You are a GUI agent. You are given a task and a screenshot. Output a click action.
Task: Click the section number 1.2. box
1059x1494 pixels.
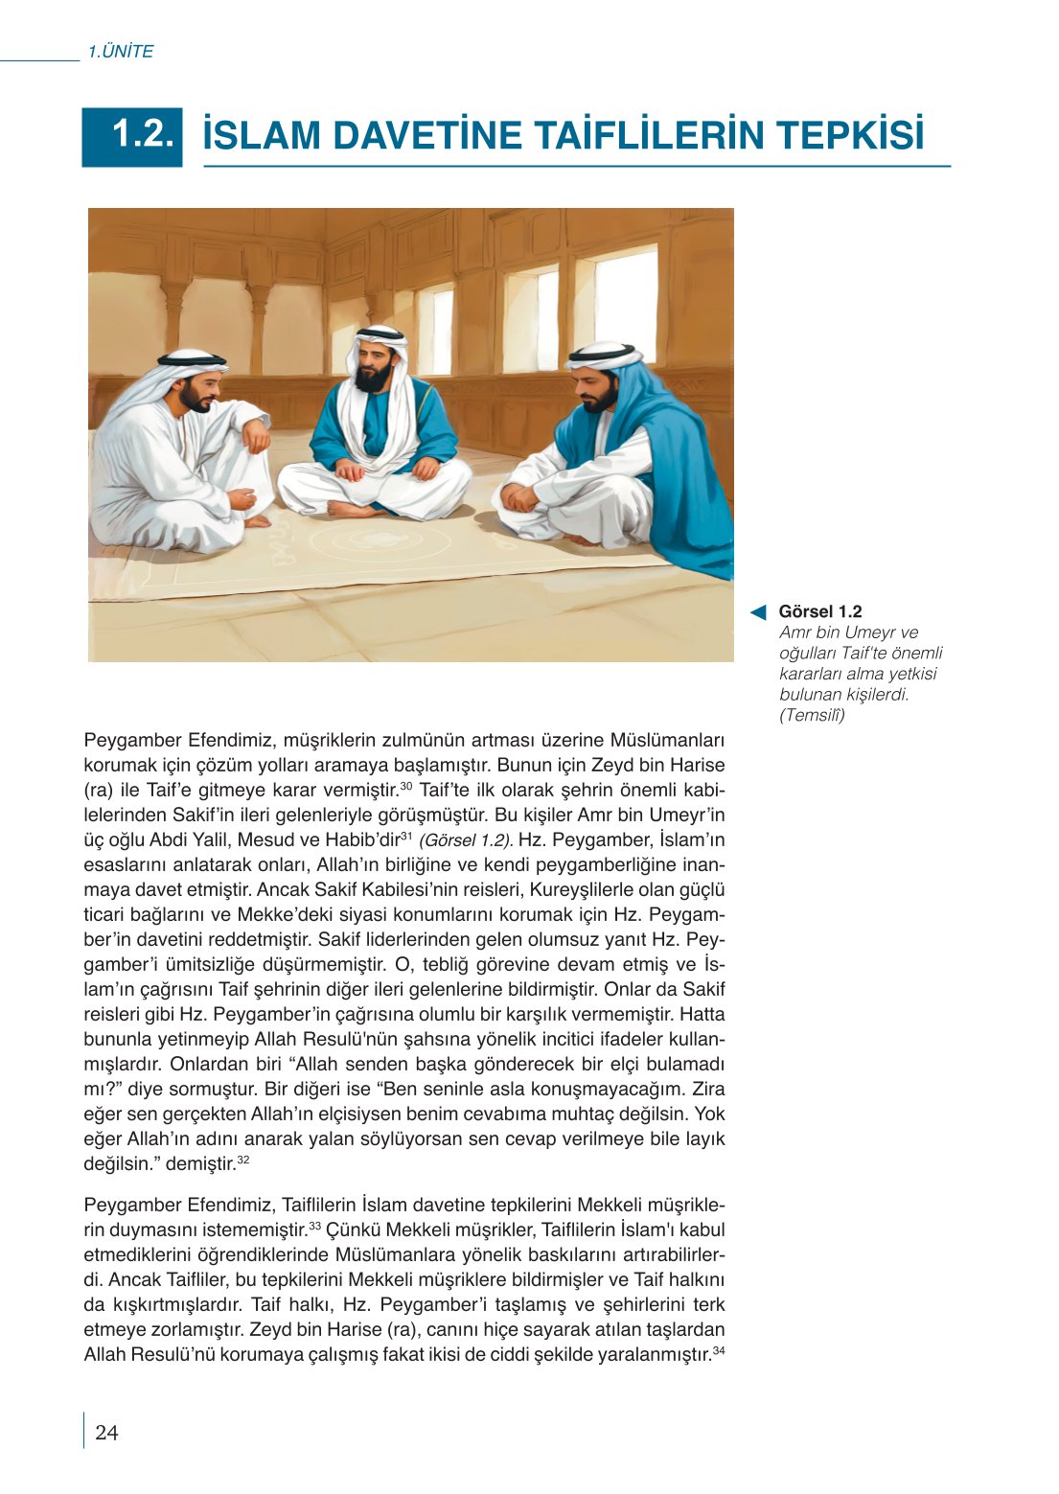[x=132, y=136]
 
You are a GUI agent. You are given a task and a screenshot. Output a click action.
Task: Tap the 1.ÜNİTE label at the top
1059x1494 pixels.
[x=120, y=52]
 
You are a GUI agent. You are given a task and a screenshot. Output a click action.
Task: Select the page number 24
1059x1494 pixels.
[x=106, y=1432]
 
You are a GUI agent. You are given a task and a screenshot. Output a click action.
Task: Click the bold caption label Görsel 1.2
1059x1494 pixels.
[x=819, y=611]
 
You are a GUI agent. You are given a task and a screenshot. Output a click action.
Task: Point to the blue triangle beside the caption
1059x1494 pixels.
[x=758, y=612]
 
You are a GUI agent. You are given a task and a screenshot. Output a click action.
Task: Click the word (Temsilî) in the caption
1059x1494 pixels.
[x=812, y=715]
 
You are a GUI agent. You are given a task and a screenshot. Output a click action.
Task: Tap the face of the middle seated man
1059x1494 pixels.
[x=374, y=363]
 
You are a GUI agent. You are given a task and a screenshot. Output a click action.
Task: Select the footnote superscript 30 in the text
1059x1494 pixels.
[x=405, y=786]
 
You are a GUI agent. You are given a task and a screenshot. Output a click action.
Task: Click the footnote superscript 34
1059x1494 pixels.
[x=719, y=1349]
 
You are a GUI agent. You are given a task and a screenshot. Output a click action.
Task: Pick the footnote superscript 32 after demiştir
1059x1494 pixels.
[x=243, y=1160]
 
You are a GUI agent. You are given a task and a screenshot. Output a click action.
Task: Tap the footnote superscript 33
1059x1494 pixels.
[x=314, y=1225]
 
